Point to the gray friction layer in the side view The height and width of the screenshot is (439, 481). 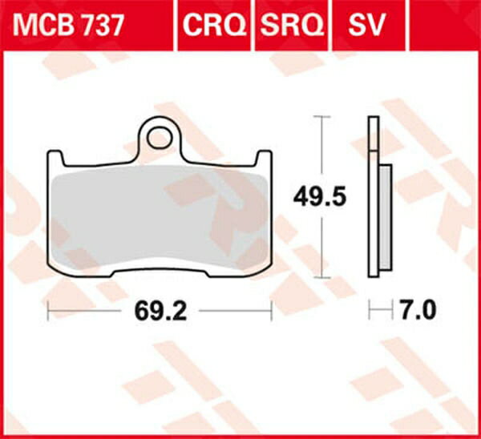384,216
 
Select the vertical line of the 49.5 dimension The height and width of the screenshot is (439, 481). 321,152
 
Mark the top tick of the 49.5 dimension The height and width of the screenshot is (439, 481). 321,117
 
